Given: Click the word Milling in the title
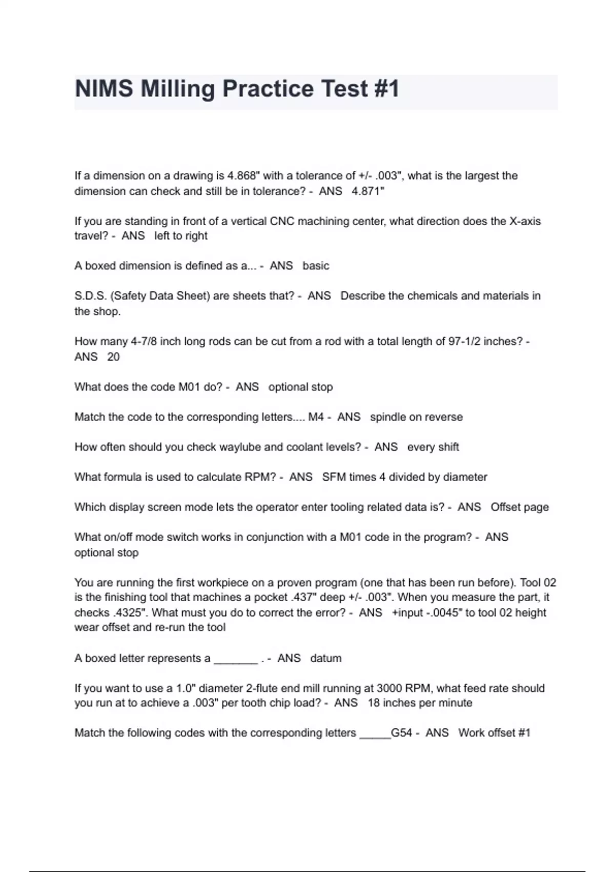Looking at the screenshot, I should [177, 89].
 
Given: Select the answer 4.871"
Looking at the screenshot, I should [368, 191].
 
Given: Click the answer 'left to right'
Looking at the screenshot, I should [181, 236].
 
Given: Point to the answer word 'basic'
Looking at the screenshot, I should [316, 266].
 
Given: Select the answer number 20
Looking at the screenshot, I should [113, 357].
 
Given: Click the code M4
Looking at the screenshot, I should [316, 417].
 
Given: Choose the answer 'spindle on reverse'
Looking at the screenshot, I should [416, 417].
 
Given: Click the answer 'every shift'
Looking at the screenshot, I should [433, 447].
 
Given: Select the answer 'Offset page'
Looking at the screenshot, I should [520, 507].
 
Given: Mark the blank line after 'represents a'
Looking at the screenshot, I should [236, 660].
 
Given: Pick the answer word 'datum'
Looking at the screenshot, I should [325, 659].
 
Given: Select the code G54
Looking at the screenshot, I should [401, 733].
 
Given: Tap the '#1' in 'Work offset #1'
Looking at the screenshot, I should [524, 733].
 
